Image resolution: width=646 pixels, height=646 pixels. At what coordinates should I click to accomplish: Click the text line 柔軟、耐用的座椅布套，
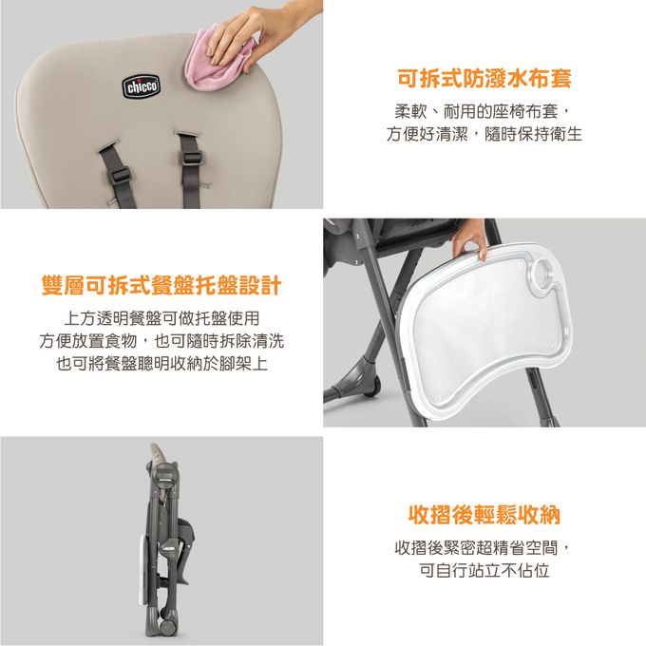pyautogui.click(x=484, y=110)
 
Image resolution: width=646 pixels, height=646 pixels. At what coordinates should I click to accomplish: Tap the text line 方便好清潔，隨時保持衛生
pyautogui.click(x=484, y=135)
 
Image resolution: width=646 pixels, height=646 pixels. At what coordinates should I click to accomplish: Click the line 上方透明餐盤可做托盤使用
pyautogui.click(x=161, y=316)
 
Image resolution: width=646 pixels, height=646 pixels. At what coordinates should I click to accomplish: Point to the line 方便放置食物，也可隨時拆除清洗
pyautogui.click(x=161, y=340)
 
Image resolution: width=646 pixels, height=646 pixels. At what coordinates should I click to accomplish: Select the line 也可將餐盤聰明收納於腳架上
pyautogui.click(x=161, y=364)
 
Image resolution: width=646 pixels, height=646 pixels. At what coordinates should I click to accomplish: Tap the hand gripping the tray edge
pyautogui.click(x=469, y=237)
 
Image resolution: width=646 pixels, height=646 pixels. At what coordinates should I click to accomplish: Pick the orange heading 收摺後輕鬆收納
pyautogui.click(x=484, y=515)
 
